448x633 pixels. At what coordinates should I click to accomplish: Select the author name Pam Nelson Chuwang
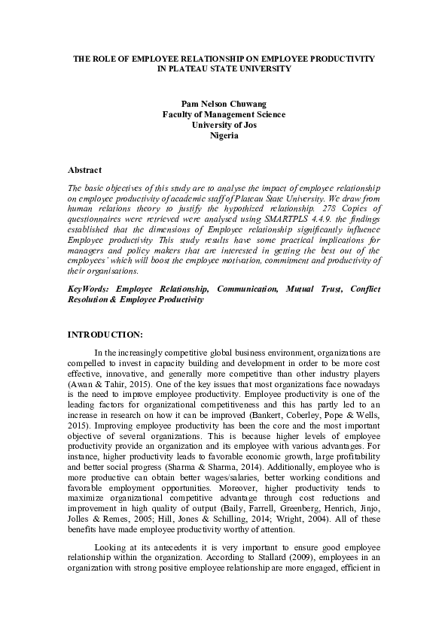224,103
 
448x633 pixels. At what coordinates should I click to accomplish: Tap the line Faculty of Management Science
224,114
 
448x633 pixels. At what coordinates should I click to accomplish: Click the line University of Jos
224,125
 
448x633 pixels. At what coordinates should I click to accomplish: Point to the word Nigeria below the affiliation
224,136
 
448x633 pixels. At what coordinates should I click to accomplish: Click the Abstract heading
84,171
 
